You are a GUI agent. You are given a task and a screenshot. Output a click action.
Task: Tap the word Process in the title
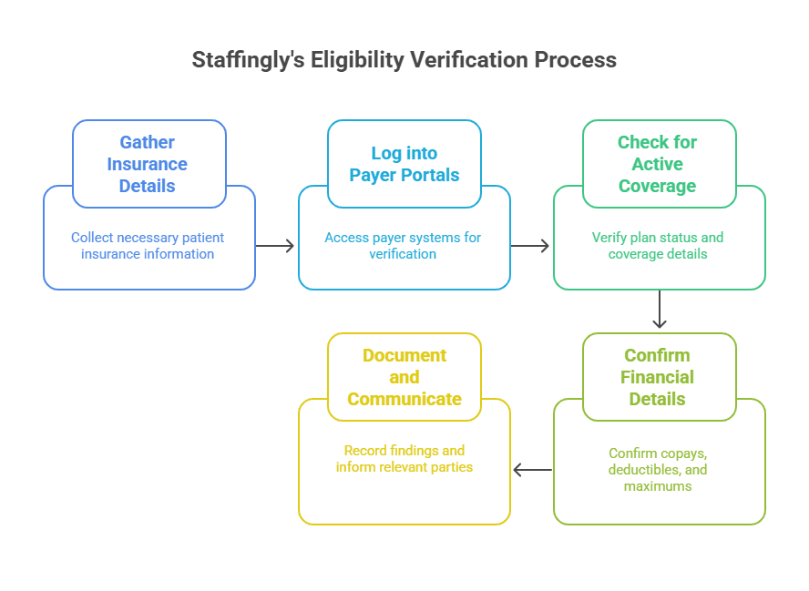575,61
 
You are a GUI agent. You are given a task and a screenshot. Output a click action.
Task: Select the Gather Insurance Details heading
148,164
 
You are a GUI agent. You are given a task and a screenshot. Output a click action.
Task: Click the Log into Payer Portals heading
404,164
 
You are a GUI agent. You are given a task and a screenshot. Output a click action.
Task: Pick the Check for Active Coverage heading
657,164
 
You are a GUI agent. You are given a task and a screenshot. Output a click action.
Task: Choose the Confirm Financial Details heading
657,377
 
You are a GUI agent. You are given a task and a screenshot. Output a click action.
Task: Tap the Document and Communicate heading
404,377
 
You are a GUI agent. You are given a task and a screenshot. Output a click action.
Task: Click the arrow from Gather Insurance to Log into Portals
276,246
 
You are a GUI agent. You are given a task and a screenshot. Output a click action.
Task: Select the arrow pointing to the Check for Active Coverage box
531,246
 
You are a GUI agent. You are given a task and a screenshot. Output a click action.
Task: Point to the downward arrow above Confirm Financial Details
660,311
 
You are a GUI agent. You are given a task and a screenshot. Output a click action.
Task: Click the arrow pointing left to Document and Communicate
532,470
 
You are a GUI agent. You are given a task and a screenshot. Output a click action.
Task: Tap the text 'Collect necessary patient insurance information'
148,246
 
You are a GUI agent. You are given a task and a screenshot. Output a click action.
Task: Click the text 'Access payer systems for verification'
403,246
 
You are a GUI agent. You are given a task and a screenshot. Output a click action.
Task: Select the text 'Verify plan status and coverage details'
658,246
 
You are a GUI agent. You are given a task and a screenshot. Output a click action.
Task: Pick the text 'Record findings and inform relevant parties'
404,459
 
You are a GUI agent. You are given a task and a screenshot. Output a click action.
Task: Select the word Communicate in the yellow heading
404,399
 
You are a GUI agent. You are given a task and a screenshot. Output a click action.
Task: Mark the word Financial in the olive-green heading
657,377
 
